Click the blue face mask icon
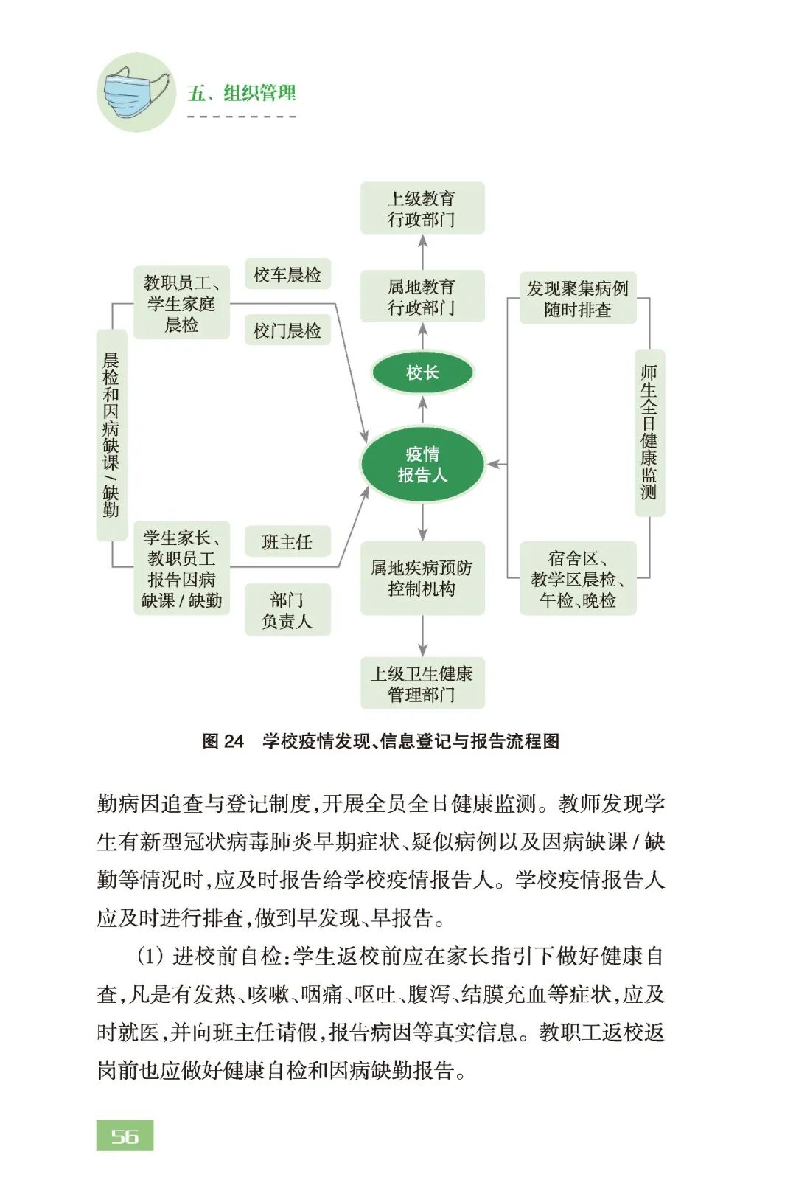(136, 91)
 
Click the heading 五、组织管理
(241, 93)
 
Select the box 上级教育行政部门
(422, 208)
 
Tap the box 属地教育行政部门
(422, 296)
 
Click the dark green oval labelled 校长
(422, 372)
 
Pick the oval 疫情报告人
(422, 465)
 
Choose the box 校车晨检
(287, 274)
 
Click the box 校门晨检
(287, 330)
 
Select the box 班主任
(287, 541)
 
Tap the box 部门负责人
(287, 610)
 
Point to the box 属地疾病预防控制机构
(422, 578)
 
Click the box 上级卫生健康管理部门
(422, 684)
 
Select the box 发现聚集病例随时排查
(578, 299)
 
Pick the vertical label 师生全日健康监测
(649, 433)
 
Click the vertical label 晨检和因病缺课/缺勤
(111, 436)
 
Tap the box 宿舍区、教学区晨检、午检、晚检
(578, 578)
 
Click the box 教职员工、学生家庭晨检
(181, 303)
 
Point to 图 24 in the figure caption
(223, 741)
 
